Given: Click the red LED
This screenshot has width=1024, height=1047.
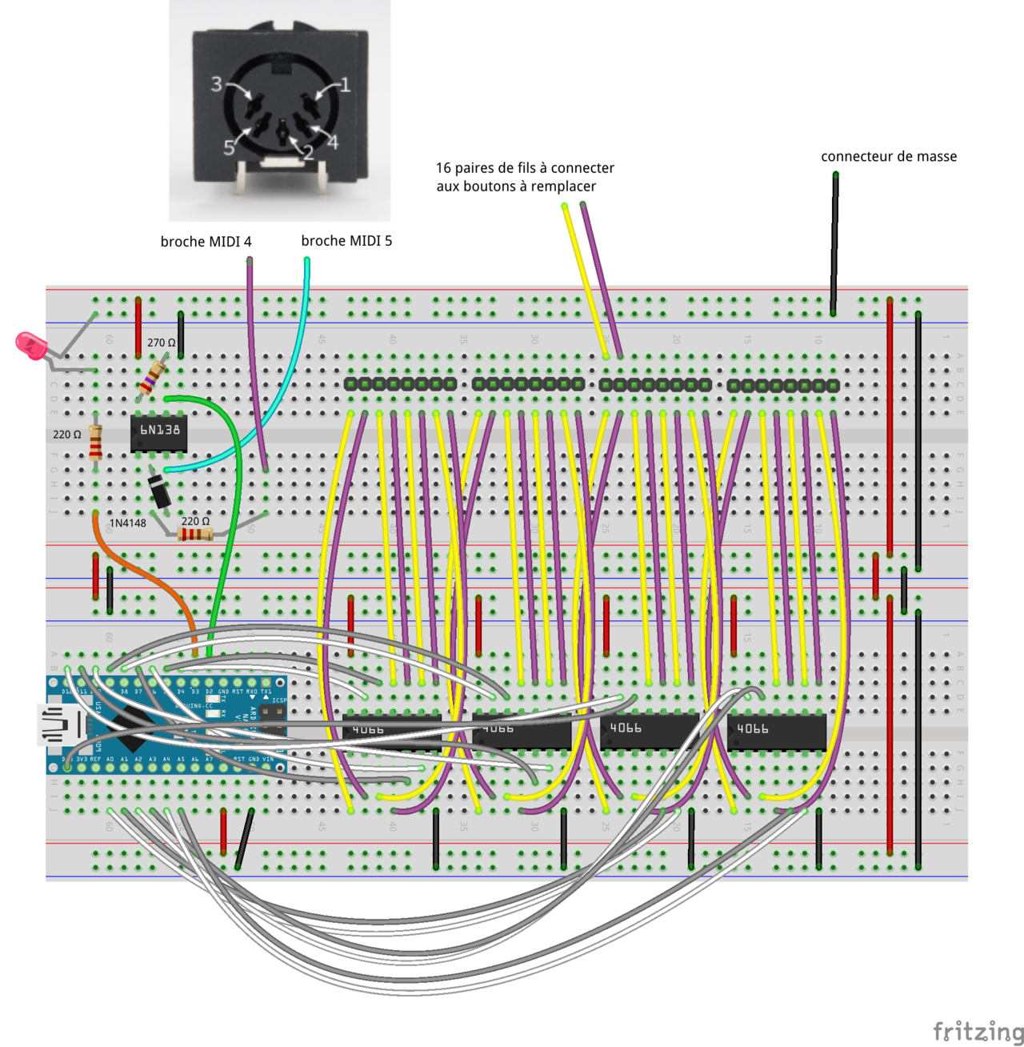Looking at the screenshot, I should pyautogui.click(x=30, y=346).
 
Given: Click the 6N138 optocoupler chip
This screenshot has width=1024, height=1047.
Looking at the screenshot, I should pyautogui.click(x=159, y=432).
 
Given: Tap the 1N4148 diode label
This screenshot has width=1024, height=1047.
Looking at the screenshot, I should pyautogui.click(x=127, y=523).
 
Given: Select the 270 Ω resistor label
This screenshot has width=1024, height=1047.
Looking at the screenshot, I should pyautogui.click(x=161, y=343).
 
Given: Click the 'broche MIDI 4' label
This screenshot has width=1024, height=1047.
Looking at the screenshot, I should pyautogui.click(x=206, y=242).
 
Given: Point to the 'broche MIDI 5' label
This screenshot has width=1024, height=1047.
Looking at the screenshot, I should pyautogui.click(x=346, y=241).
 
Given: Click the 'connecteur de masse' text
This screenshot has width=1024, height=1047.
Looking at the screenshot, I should pyautogui.click(x=888, y=157).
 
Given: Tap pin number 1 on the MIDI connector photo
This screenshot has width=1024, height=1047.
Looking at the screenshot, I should pyautogui.click(x=345, y=85).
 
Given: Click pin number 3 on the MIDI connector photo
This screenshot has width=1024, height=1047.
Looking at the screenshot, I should pyautogui.click(x=216, y=84).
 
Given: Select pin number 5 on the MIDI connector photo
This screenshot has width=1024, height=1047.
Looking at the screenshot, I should pyautogui.click(x=229, y=147).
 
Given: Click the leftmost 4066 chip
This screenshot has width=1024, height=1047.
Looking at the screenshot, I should pyautogui.click(x=391, y=731).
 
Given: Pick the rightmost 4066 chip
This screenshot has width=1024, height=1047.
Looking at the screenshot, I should pyautogui.click(x=776, y=730).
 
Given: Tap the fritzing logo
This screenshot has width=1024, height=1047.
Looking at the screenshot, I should pyautogui.click(x=978, y=1030).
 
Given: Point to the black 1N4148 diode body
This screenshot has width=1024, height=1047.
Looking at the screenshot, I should pyautogui.click(x=160, y=490).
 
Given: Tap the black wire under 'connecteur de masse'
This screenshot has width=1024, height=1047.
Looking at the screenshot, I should pyautogui.click(x=834, y=240).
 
